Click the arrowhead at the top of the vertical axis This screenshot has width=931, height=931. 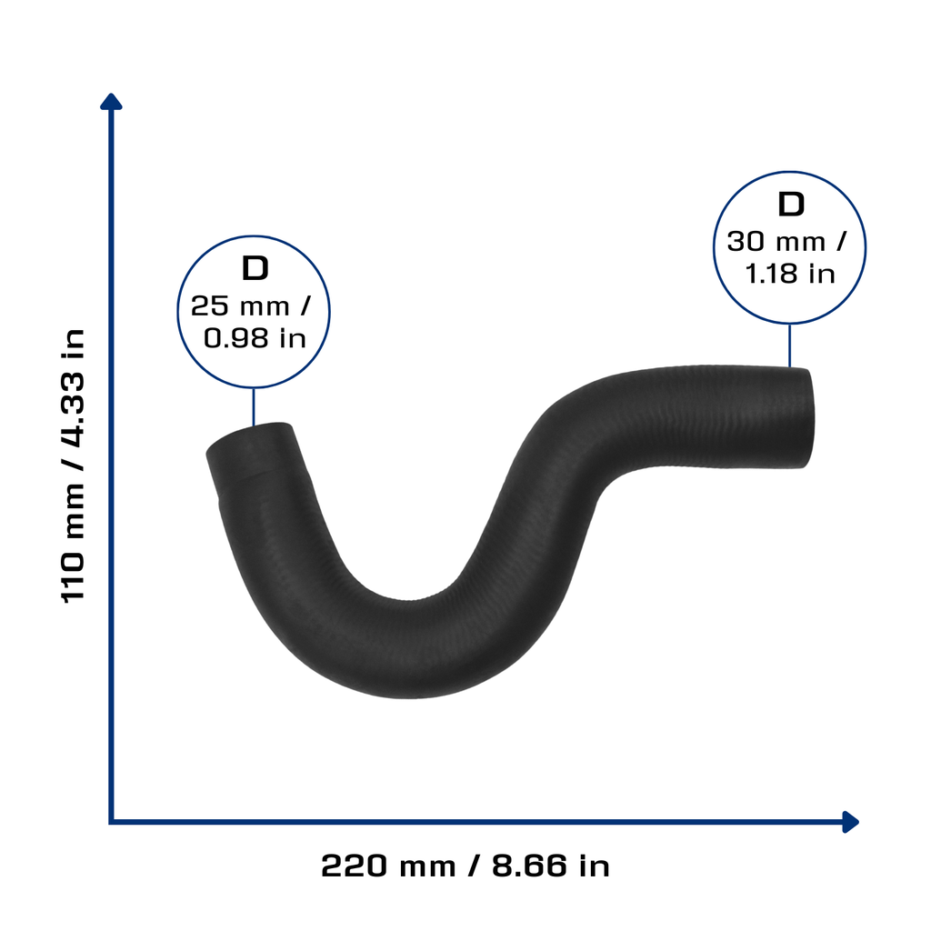tap(111, 102)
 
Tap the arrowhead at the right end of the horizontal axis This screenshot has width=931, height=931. tap(850, 822)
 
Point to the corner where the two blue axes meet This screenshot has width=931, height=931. tap(111, 822)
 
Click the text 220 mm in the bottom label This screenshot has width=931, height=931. tap(388, 866)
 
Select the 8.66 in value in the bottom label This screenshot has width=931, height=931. tap(550, 866)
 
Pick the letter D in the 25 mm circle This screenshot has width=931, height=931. tap(255, 268)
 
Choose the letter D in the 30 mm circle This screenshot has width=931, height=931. tap(791, 205)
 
